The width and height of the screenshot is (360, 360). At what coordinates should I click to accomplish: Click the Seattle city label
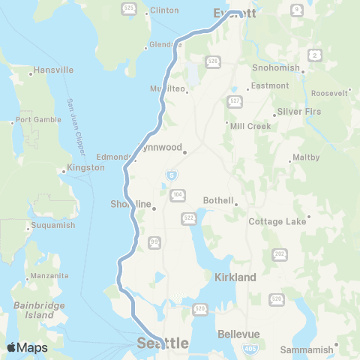point(163,343)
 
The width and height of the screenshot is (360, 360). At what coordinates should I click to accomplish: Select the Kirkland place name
point(235,277)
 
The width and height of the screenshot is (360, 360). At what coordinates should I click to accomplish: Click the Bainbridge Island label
point(34,310)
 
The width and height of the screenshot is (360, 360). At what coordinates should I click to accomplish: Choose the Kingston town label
point(85,168)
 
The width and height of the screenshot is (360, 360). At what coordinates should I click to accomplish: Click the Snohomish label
point(275,67)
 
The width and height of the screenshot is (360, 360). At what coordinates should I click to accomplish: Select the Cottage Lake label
point(277,222)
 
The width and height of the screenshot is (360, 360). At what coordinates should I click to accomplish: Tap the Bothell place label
point(220,201)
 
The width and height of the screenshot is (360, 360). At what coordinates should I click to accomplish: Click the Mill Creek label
point(251,125)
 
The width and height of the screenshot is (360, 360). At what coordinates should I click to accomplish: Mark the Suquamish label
point(53,224)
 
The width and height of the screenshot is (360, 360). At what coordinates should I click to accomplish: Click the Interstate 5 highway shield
point(172,175)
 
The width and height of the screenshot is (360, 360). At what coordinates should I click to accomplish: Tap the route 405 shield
point(249,349)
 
